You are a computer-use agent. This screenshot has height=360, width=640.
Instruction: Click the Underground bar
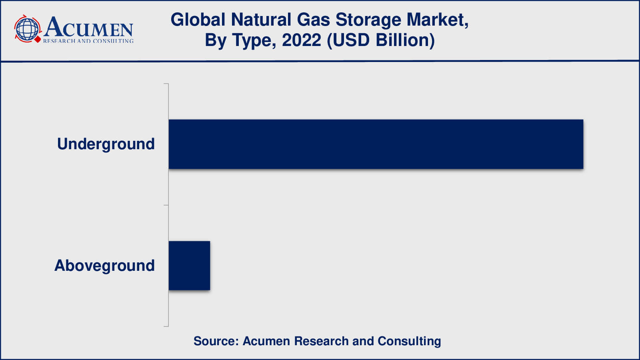pos(376,144)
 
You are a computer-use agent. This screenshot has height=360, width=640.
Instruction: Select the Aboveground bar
pos(190,266)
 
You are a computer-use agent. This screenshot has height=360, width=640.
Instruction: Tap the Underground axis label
pos(106,144)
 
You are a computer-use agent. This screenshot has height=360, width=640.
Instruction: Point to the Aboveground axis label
pos(104,266)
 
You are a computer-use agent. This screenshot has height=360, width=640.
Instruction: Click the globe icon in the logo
pos(28,29)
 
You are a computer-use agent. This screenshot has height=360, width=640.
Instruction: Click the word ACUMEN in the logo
pos(88,26)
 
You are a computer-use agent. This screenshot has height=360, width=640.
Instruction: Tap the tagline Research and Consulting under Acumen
pos(88,41)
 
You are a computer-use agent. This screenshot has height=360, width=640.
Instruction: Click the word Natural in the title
pos(261,20)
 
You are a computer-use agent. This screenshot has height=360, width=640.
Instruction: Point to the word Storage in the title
pos(368,20)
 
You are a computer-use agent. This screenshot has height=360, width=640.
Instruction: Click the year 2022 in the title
pos(302,40)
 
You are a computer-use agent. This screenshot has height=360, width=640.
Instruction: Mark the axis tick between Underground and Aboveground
pos(166,205)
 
